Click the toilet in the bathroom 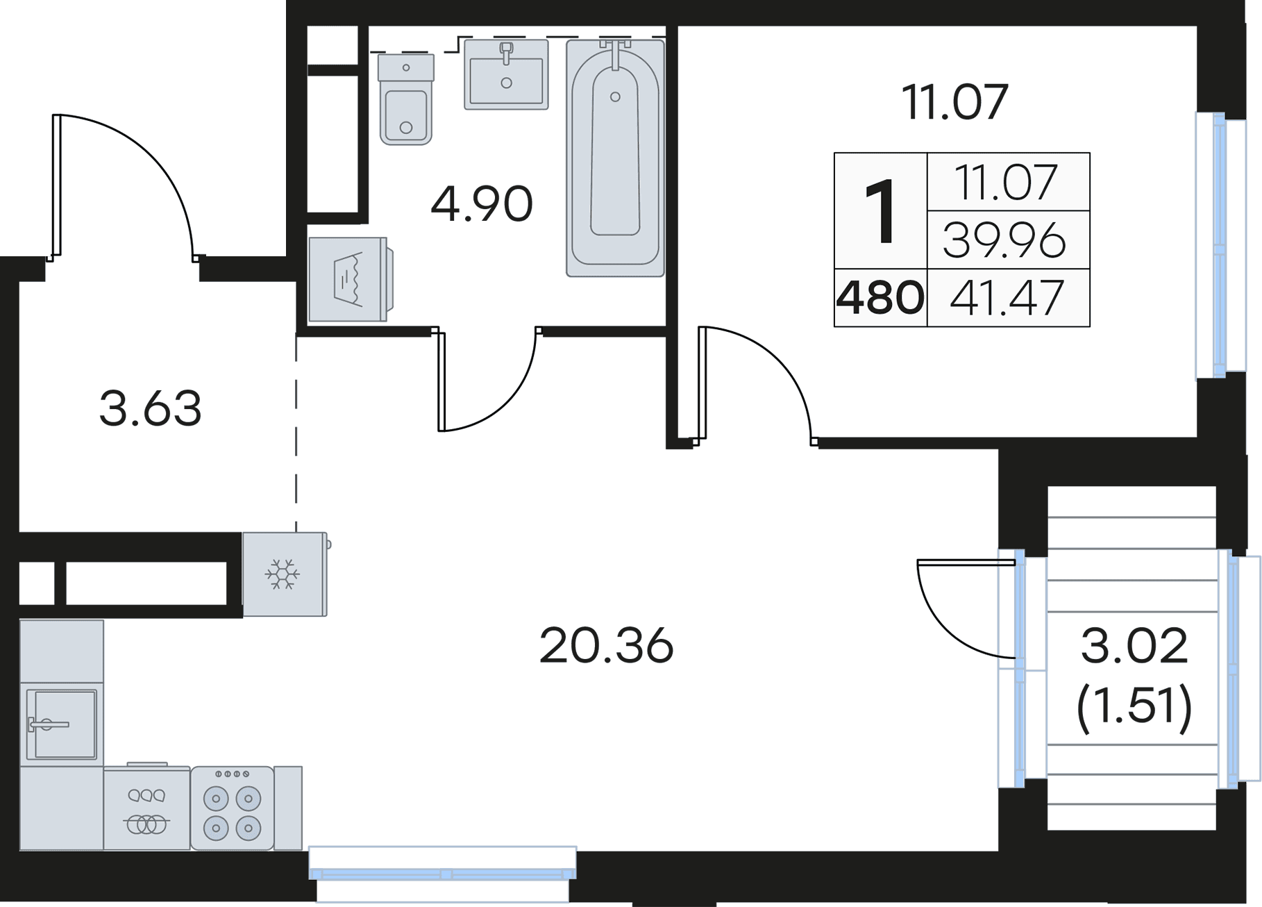pyautogui.click(x=406, y=99)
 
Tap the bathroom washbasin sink pyautogui.click(x=506, y=74)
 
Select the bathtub pyautogui.click(x=615, y=158)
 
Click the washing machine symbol pyautogui.click(x=351, y=280)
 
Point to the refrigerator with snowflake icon pyautogui.click(x=285, y=574)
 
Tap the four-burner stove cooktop pyautogui.click(x=232, y=808)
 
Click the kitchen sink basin pyautogui.click(x=61, y=724)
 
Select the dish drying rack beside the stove pyautogui.click(x=146, y=808)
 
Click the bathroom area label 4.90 pyautogui.click(x=481, y=204)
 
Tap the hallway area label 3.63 pyautogui.click(x=150, y=408)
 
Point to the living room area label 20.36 pyautogui.click(x=606, y=646)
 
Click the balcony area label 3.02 pyautogui.click(x=1134, y=646)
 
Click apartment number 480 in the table pyautogui.click(x=880, y=297)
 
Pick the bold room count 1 pyautogui.click(x=881, y=210)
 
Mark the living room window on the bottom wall pyautogui.click(x=442, y=874)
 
